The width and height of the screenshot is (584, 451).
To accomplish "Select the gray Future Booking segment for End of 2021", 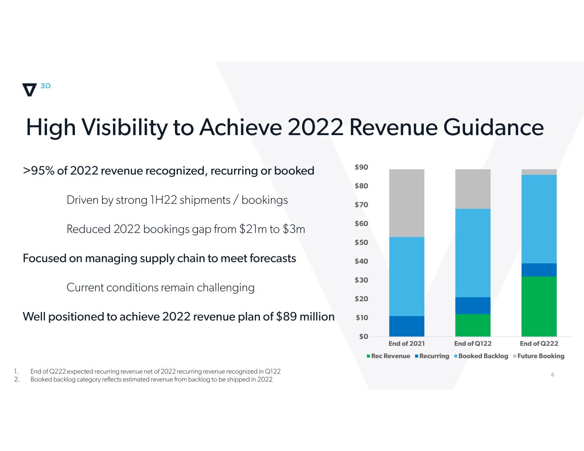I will tap(406, 203).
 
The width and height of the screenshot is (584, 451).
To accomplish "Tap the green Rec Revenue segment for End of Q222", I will tap(539, 306).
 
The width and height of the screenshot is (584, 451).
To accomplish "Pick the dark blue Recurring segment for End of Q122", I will tap(472, 306).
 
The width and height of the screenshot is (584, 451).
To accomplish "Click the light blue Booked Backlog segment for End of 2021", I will tap(406, 276).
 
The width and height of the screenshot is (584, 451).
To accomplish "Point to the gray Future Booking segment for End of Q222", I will tap(539, 172).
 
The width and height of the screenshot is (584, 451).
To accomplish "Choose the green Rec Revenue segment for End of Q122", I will tap(472, 325).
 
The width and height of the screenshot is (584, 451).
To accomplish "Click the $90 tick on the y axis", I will tap(361, 167).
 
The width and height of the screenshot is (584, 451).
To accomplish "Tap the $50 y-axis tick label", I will tap(361, 242).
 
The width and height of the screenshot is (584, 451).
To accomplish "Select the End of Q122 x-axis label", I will tap(473, 343).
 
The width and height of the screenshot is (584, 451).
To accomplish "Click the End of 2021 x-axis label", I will tap(406, 343).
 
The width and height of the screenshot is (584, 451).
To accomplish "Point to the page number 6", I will tap(552, 374).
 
